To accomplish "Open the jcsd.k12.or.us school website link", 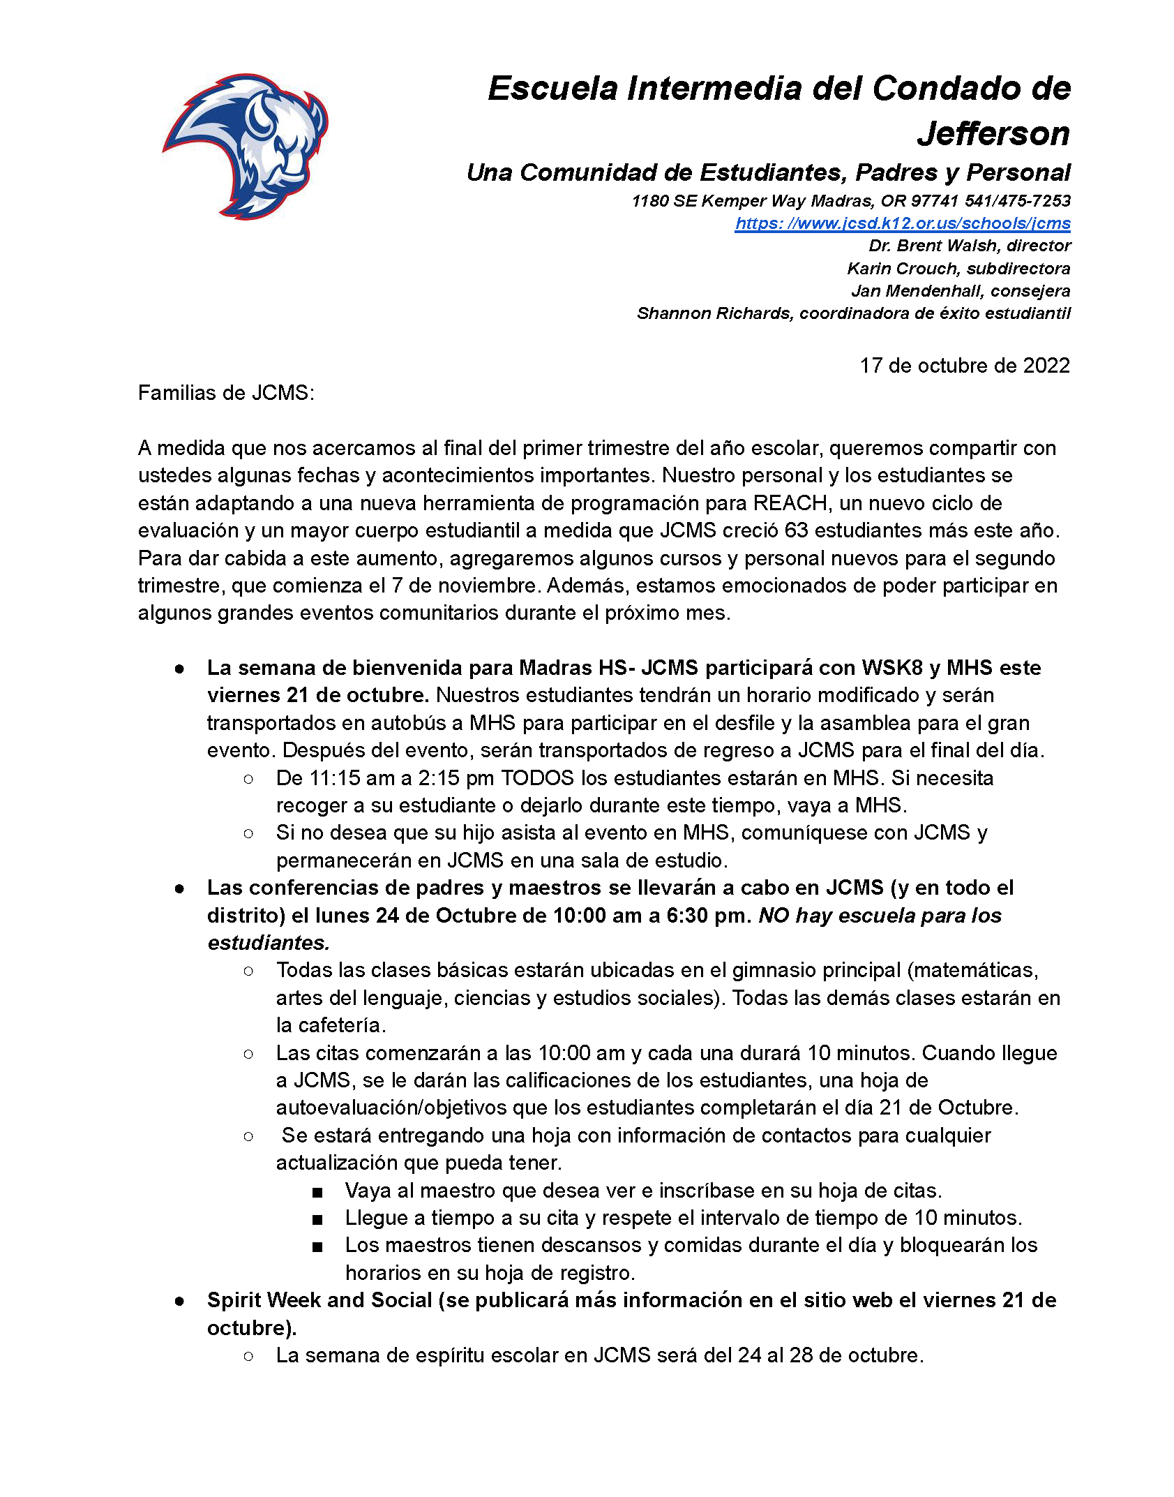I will [x=902, y=223].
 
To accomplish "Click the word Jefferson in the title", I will [x=993, y=133].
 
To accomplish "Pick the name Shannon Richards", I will [x=714, y=313].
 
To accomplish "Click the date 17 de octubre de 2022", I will [x=964, y=366].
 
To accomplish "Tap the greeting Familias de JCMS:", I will [x=226, y=393].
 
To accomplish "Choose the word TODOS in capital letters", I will [x=537, y=778].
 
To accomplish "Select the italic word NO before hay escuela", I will [x=774, y=916].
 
